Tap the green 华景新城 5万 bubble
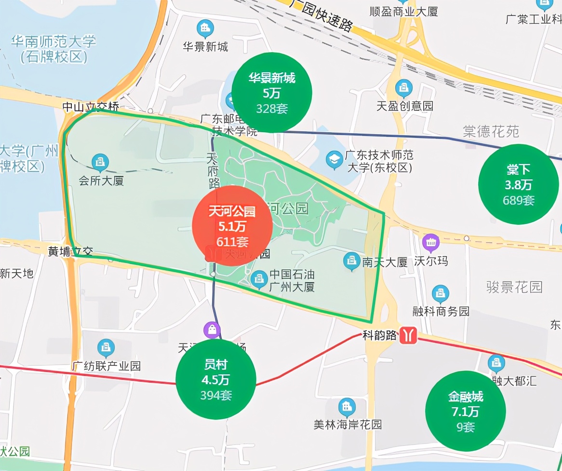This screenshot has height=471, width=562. (x=272, y=93)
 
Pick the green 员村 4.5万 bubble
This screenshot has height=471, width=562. (x=216, y=379)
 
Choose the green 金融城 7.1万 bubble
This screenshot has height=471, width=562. (x=466, y=411)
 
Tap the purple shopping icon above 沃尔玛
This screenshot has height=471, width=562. (x=430, y=242)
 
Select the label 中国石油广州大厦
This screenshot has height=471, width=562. (x=292, y=280)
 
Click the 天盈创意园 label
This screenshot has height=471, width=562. (x=405, y=106)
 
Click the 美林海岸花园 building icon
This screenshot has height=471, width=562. (x=347, y=406)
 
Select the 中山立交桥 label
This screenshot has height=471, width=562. (x=91, y=107)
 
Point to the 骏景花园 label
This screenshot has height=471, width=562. (x=514, y=287)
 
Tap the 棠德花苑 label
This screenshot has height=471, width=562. (x=491, y=131)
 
